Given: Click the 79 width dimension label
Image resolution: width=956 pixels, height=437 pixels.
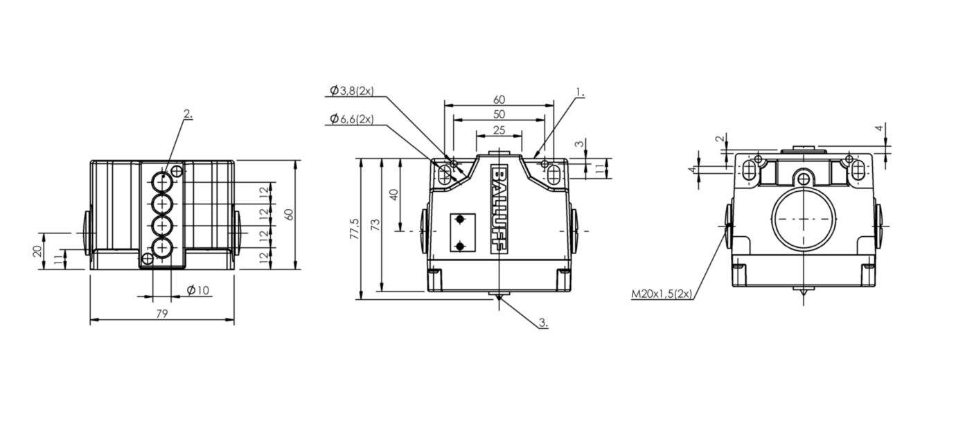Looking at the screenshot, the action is (162, 314).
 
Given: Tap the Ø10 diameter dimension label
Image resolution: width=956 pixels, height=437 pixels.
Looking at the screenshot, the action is (198, 290).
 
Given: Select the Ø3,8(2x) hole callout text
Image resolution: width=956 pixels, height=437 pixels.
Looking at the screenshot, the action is (352, 91).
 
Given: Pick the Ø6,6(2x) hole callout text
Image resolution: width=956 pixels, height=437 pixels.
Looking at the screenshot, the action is (352, 118).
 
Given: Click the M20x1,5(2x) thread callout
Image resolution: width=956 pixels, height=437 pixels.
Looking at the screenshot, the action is (662, 294).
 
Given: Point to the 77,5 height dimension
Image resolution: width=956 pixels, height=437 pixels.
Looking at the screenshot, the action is (355, 229).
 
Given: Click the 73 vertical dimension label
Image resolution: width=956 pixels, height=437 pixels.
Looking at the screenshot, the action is (375, 225).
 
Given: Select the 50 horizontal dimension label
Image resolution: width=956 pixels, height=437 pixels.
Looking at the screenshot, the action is (499, 114).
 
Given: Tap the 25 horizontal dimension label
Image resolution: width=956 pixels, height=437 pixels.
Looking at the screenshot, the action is (499, 130).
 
